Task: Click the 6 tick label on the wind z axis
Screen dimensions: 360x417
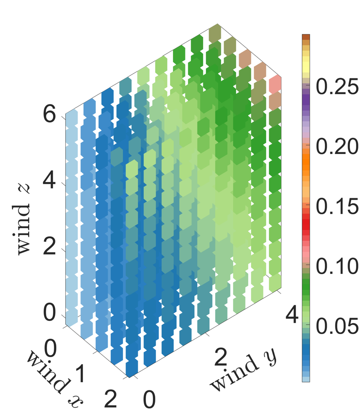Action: pos(49,114)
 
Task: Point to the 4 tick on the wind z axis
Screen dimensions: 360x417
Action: pos(49,180)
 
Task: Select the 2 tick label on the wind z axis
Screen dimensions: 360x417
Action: pos(49,246)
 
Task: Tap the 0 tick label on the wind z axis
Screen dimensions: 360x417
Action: pos(49,313)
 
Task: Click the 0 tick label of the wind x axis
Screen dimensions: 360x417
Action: pos(51,349)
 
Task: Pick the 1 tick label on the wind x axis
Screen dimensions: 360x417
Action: pos(80,374)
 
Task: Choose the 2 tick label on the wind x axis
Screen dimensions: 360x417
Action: pos(110,399)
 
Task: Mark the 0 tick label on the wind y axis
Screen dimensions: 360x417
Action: pos(149,399)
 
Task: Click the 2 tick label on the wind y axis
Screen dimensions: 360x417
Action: pos(221,357)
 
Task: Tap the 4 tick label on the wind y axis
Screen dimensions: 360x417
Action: pos(292,315)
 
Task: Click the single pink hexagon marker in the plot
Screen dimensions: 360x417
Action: pos(275,84)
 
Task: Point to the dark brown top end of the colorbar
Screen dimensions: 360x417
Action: pos(306,37)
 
